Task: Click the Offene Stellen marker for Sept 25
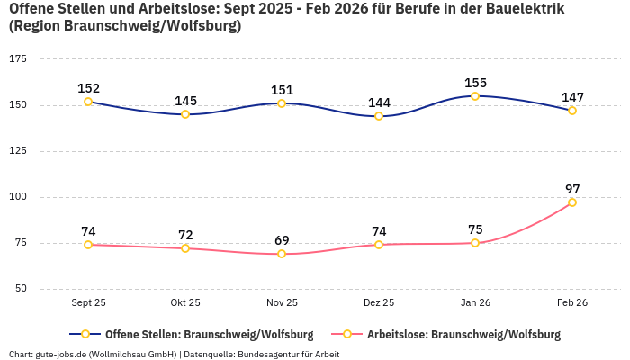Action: (x=88, y=102)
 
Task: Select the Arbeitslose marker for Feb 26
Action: (x=572, y=202)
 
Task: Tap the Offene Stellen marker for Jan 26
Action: (x=475, y=96)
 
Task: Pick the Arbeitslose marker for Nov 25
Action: (x=282, y=254)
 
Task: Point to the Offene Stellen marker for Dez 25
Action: (x=379, y=116)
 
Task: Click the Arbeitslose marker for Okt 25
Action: (x=185, y=248)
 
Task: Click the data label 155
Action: (x=475, y=83)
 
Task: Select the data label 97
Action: (x=572, y=189)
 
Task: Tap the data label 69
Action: (x=282, y=240)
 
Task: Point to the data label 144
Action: (x=379, y=103)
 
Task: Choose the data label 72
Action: (x=185, y=235)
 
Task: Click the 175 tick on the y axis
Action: (x=18, y=58)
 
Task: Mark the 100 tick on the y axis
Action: (x=18, y=197)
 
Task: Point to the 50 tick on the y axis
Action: (x=21, y=289)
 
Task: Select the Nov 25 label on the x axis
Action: (x=282, y=303)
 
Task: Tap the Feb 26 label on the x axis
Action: (x=572, y=303)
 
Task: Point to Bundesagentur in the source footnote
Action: (x=265, y=355)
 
